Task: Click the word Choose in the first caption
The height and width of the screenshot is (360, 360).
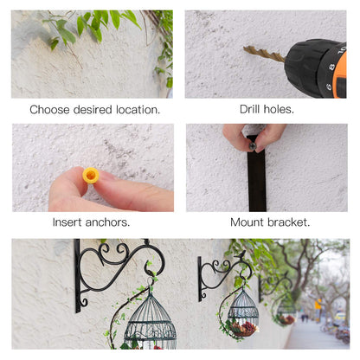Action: click(49, 110)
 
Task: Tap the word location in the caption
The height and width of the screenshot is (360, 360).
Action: click(138, 110)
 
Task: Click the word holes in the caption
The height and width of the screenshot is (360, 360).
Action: click(279, 109)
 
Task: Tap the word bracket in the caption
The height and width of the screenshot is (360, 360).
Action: click(289, 222)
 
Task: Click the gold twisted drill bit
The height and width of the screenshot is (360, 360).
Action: click(264, 54)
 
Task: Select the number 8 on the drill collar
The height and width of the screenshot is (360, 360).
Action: click(331, 67)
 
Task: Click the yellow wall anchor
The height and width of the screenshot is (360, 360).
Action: click(91, 176)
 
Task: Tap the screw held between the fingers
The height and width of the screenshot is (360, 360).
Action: click(253, 146)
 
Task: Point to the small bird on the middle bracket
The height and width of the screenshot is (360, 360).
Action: click(241, 254)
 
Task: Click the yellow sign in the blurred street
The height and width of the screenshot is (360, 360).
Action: click(318, 305)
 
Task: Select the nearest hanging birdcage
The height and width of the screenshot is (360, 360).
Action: click(151, 321)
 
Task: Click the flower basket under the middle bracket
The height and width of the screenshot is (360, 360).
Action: click(243, 329)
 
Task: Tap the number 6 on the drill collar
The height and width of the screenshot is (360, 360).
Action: click(329, 87)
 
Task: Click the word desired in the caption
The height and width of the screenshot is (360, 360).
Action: click(93, 110)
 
